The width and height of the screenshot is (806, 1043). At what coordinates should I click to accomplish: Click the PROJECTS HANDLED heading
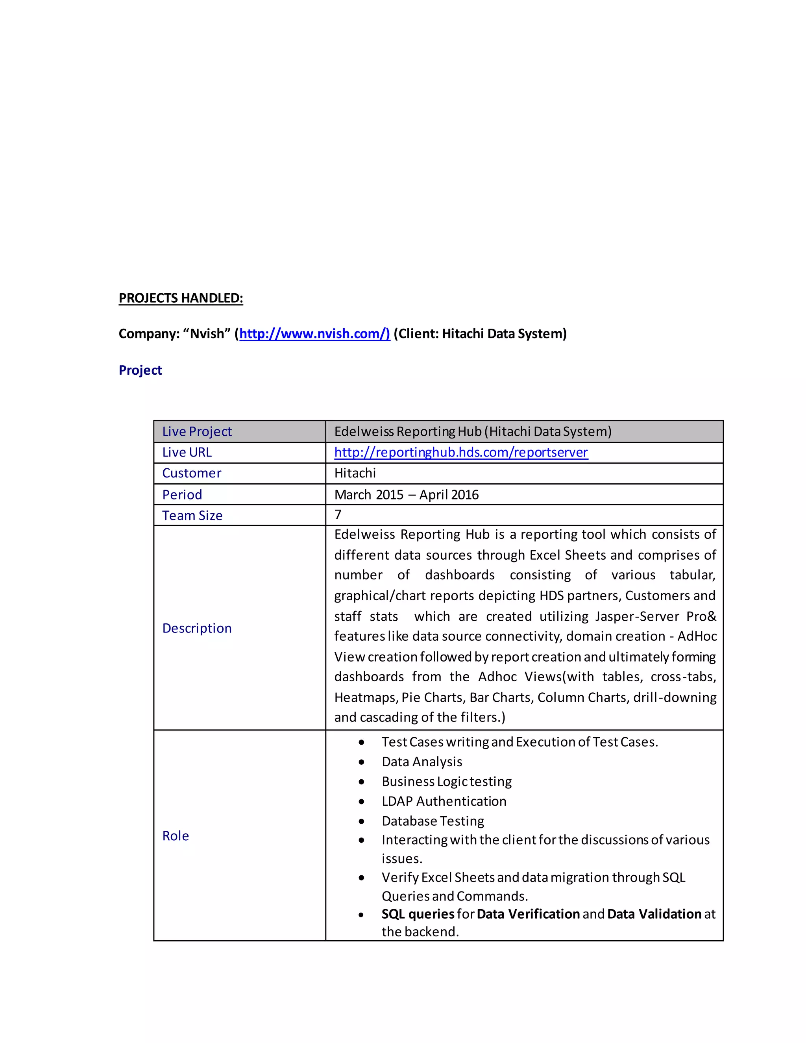(x=181, y=298)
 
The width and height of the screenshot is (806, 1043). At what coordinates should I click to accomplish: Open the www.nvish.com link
(x=314, y=333)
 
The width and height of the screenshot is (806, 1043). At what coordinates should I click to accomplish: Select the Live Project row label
(x=197, y=431)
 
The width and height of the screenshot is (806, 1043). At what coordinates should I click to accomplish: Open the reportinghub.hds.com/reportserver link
(x=461, y=452)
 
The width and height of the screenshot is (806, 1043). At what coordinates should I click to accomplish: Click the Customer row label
(x=192, y=473)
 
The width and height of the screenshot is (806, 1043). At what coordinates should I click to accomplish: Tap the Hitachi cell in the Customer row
(x=355, y=473)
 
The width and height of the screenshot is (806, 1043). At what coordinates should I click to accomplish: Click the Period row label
(x=182, y=494)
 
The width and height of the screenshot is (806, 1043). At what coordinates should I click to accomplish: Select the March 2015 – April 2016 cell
(x=406, y=494)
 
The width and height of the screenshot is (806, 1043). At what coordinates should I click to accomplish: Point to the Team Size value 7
(x=338, y=514)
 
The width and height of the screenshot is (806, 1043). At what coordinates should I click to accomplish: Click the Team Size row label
(x=192, y=515)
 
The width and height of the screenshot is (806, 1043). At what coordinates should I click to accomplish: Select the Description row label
(x=197, y=628)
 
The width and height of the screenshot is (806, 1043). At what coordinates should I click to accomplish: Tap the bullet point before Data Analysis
(x=361, y=762)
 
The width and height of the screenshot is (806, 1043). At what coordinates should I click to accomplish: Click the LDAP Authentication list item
(x=444, y=801)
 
